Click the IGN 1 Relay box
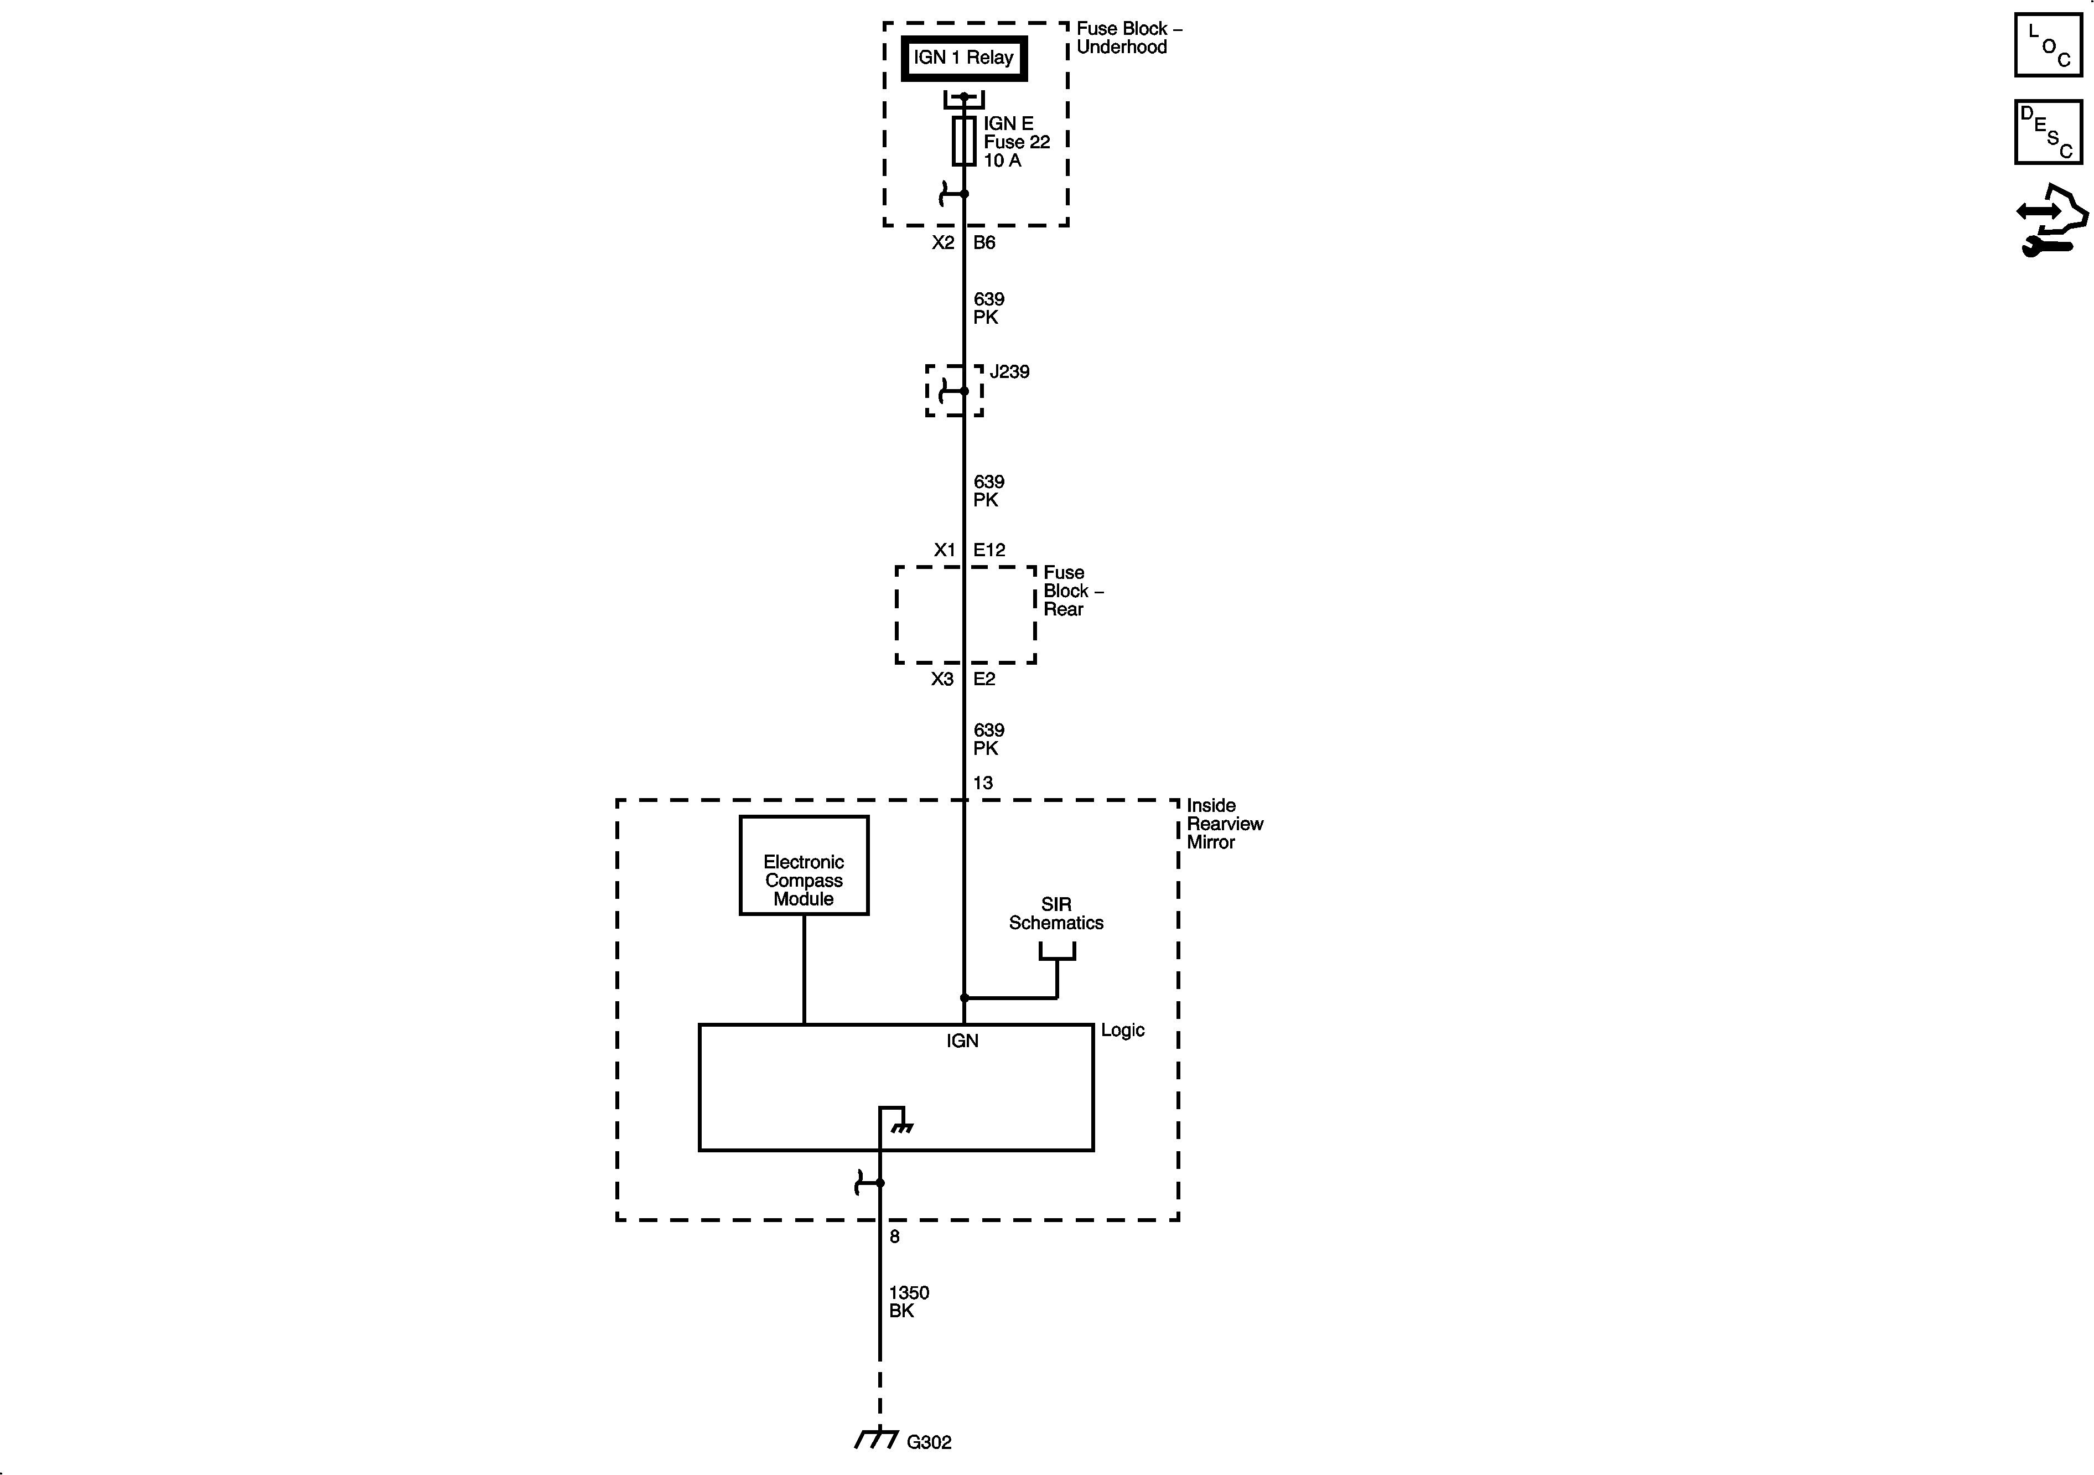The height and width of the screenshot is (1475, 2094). click(964, 58)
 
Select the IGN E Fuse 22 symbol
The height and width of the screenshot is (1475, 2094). click(964, 141)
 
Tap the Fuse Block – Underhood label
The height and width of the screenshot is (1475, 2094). click(1128, 38)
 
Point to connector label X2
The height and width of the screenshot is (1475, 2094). click(943, 242)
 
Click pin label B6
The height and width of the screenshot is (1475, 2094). click(984, 242)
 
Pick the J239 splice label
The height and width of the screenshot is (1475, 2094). click(1009, 372)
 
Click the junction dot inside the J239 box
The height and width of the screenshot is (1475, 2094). click(964, 391)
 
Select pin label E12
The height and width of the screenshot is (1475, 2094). click(989, 550)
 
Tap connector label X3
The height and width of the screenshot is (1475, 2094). click(942, 679)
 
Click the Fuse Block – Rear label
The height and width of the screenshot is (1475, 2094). click(1071, 591)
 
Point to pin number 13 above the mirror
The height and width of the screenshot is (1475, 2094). click(983, 783)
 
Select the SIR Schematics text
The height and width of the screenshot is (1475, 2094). click(1056, 913)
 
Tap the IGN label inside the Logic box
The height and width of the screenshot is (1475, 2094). click(962, 1041)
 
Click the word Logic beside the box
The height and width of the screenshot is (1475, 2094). click(1122, 1030)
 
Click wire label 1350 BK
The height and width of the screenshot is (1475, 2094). click(908, 1302)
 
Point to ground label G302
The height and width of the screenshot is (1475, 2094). click(929, 1442)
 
